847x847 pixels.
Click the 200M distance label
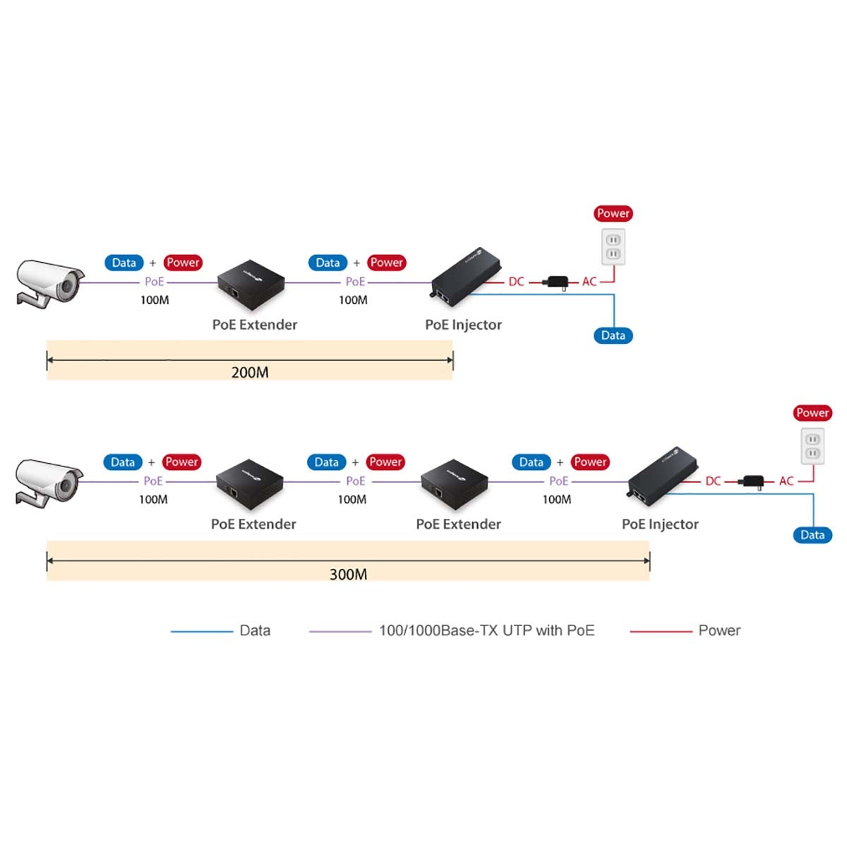[x=250, y=372]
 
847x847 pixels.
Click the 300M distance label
[x=348, y=574]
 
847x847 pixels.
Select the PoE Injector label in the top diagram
[x=463, y=325]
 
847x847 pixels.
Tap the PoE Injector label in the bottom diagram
[x=660, y=524]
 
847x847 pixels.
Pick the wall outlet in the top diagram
[x=613, y=246]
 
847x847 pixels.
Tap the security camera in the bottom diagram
[x=48, y=481]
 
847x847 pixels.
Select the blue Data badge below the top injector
[x=613, y=335]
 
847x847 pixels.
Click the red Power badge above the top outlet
[x=613, y=213]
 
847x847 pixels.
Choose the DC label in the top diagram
[x=516, y=282]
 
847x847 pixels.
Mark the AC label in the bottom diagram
[x=786, y=481]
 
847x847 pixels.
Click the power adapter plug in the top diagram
[x=558, y=282]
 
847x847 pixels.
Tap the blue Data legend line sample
[x=201, y=631]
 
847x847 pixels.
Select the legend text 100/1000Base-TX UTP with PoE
[x=486, y=630]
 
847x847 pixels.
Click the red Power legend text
[x=719, y=630]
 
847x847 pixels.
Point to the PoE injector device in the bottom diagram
[x=662, y=472]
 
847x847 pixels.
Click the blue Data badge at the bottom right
[x=812, y=535]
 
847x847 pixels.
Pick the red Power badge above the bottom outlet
[x=812, y=413]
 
